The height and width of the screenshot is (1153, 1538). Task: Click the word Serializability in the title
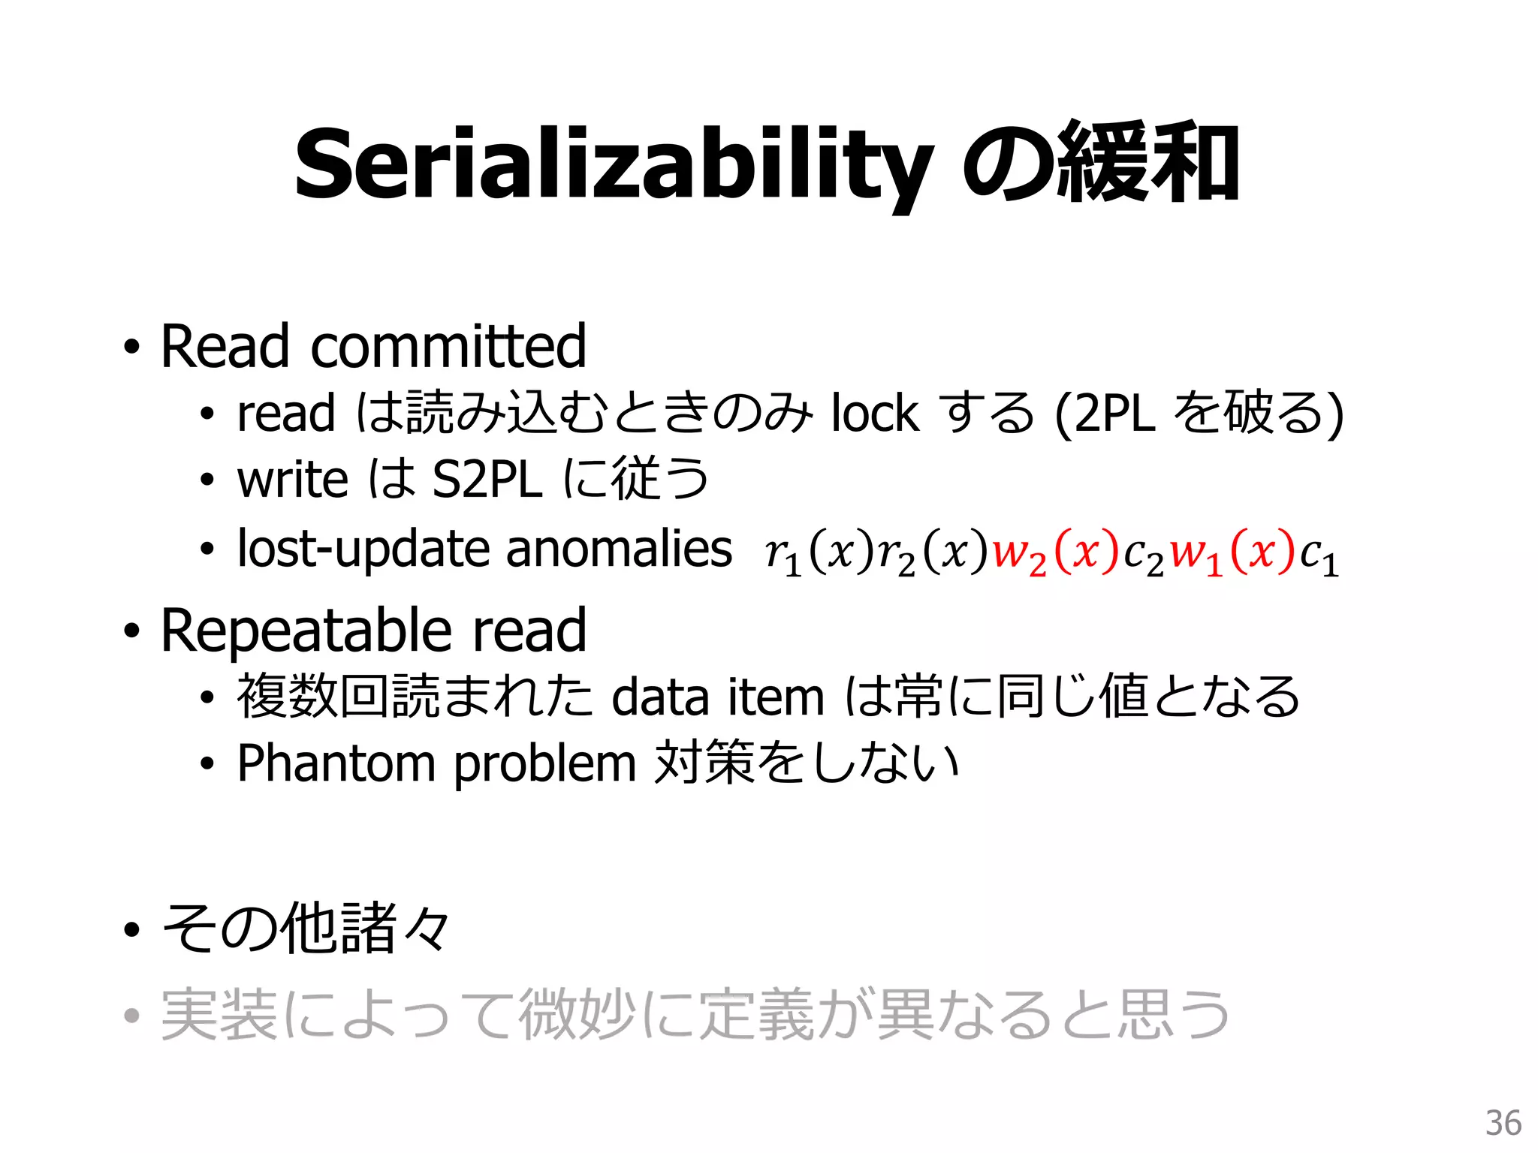pos(612,165)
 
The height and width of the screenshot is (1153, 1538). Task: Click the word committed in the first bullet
pos(448,346)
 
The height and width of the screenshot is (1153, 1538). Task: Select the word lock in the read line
pos(875,414)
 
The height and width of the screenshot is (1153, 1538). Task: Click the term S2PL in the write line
pos(487,480)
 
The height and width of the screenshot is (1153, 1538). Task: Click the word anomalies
pos(619,549)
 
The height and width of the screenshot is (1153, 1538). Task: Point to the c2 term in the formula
pos(1143,556)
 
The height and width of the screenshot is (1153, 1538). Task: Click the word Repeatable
pos(306,631)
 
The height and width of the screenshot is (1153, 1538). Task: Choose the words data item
pos(718,697)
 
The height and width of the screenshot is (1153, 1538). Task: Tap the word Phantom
pos(336,764)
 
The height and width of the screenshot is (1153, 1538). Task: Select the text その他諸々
pos(306,929)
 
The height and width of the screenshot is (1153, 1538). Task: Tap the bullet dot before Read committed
pos(132,348)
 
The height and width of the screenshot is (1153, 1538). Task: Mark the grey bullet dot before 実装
pos(132,1016)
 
